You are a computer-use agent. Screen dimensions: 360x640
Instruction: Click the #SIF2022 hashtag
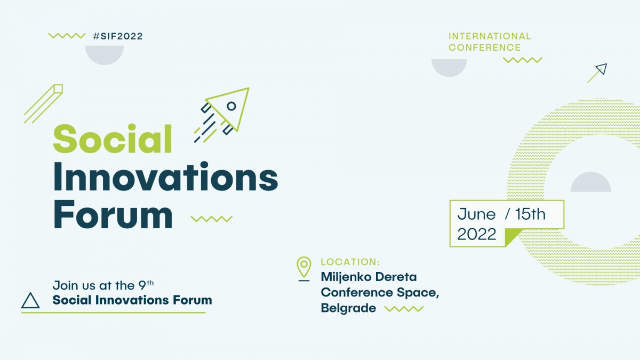click(117, 36)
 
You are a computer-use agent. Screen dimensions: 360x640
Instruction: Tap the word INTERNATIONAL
click(490, 36)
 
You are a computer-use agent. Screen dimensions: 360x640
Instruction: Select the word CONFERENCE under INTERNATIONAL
click(484, 47)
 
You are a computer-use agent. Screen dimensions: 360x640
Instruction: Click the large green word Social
click(113, 139)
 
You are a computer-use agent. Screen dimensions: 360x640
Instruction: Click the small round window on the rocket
click(231, 106)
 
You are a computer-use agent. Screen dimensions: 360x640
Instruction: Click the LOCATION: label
click(350, 262)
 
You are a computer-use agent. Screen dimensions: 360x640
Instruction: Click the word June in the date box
click(476, 214)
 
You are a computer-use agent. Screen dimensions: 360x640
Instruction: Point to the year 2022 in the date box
click(477, 234)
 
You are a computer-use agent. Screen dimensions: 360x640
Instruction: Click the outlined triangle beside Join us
click(30, 301)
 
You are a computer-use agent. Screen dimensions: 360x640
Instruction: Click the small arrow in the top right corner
click(597, 73)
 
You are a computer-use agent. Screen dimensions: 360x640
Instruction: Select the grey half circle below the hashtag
click(105, 54)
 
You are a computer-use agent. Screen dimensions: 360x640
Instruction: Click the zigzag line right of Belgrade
click(404, 309)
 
